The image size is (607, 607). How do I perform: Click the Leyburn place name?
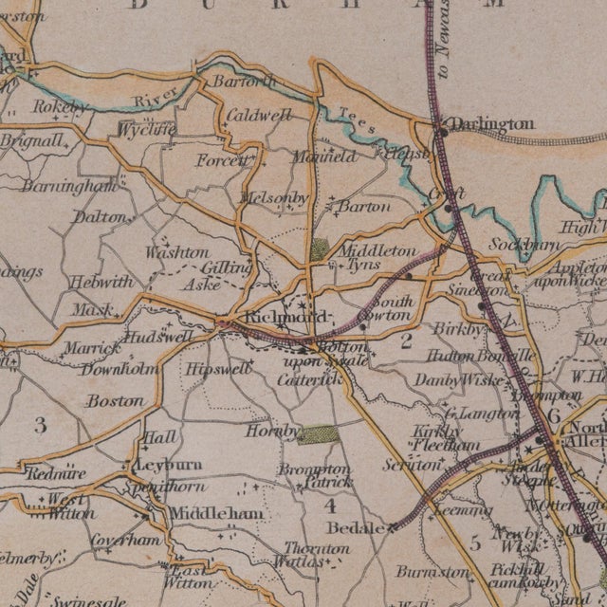pos(171,466)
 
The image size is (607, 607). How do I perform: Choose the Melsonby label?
pos(276,197)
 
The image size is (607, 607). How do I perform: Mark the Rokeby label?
pos(60,107)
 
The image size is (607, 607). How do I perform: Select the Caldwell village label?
pos(257,116)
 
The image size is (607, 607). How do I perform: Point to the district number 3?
pos(39,423)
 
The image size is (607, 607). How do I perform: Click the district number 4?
pos(330,506)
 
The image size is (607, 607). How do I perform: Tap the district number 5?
pos(474,543)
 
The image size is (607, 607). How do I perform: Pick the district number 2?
pos(406,341)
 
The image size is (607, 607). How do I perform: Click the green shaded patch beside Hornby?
pos(316,434)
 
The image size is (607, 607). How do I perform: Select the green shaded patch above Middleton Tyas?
pos(320,249)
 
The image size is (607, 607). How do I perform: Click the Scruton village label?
pos(412,466)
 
